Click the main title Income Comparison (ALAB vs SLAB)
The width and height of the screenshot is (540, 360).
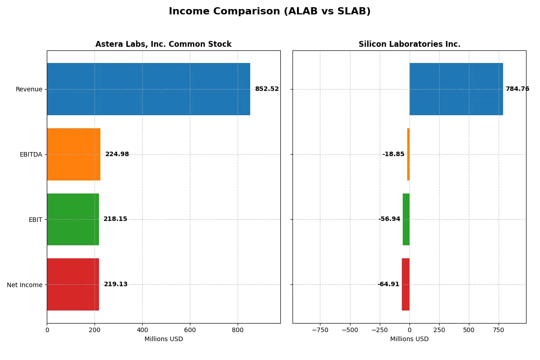pyautogui.click(x=270, y=12)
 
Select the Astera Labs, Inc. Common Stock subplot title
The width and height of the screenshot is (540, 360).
pyautogui.click(x=163, y=44)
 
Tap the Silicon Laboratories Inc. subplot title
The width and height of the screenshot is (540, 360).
pyautogui.click(x=409, y=44)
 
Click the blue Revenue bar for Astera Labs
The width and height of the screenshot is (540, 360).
pyautogui.click(x=148, y=89)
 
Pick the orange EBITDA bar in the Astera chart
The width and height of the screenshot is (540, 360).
pyautogui.click(x=73, y=154)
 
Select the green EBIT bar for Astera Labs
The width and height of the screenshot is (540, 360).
pyautogui.click(x=73, y=219)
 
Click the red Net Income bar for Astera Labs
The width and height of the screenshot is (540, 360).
pyautogui.click(x=73, y=284)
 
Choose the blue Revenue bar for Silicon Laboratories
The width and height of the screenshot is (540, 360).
pyautogui.click(x=456, y=89)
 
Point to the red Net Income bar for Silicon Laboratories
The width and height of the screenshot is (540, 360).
pyautogui.click(x=405, y=284)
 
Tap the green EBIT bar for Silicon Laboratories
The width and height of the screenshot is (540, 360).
pyautogui.click(x=406, y=219)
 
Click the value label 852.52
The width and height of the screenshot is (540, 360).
pyautogui.click(x=266, y=89)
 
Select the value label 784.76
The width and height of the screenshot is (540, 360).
pyautogui.click(x=517, y=89)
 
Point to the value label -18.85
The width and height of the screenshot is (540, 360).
pyautogui.click(x=393, y=154)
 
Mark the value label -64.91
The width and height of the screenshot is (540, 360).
pyautogui.click(x=388, y=284)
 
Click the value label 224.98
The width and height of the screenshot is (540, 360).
pyautogui.click(x=117, y=154)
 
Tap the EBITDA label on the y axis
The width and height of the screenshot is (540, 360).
pyautogui.click(x=31, y=154)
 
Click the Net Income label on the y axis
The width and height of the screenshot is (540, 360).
pyautogui.click(x=25, y=284)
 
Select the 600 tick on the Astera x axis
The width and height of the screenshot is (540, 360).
pyautogui.click(x=190, y=330)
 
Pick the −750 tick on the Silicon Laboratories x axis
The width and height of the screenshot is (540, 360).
pyautogui.click(x=320, y=330)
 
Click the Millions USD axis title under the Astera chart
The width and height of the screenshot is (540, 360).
pyautogui.click(x=163, y=339)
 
